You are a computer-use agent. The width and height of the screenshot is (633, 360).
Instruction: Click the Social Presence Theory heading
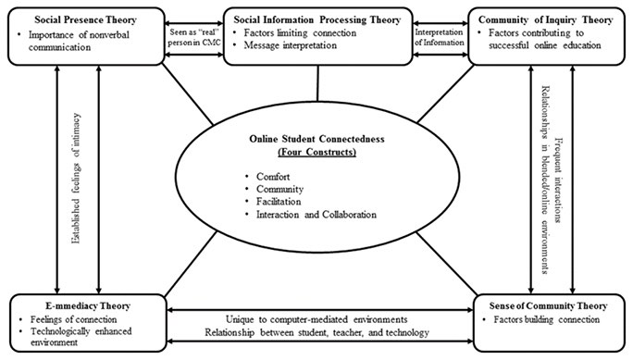pyautogui.click(x=85, y=19)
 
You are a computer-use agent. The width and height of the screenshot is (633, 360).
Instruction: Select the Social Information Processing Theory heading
pyautogui.click(x=317, y=19)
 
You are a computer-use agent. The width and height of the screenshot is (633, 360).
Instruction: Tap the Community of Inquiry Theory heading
pyautogui.click(x=545, y=19)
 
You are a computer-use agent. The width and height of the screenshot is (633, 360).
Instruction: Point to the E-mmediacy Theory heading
pyautogui.click(x=88, y=306)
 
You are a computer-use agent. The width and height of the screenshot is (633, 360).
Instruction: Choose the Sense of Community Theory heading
pyautogui.click(x=548, y=306)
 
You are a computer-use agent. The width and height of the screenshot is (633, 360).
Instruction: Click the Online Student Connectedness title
pyautogui.click(x=316, y=139)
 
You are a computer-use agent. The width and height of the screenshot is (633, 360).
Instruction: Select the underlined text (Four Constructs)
pyautogui.click(x=316, y=152)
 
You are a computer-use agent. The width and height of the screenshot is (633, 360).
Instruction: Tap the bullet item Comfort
pyautogui.click(x=273, y=177)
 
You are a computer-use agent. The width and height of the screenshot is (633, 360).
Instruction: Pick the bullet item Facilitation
pyautogui.click(x=279, y=202)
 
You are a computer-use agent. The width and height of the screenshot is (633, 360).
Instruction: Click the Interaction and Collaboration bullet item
pyautogui.click(x=316, y=215)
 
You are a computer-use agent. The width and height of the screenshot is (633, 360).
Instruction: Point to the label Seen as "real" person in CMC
pyautogui.click(x=194, y=37)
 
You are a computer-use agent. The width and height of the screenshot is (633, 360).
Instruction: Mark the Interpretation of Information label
pyautogui.click(x=440, y=37)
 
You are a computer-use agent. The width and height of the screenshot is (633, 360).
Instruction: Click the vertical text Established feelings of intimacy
pyautogui.click(x=76, y=179)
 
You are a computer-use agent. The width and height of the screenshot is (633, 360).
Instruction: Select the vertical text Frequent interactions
pyautogui.click(x=559, y=180)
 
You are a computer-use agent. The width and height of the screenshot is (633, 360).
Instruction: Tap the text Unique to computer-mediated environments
pyautogui.click(x=316, y=319)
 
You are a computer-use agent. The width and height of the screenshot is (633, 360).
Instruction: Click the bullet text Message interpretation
pyautogui.click(x=291, y=45)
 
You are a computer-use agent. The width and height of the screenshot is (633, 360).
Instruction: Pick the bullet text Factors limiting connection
pyautogui.click(x=300, y=32)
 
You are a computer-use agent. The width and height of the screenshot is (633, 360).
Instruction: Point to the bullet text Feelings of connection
pyautogui.click(x=73, y=319)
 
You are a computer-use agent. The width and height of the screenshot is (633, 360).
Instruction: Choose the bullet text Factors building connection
pyautogui.click(x=547, y=319)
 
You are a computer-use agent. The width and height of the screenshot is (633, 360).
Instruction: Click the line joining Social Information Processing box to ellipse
pyautogui.click(x=317, y=83)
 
